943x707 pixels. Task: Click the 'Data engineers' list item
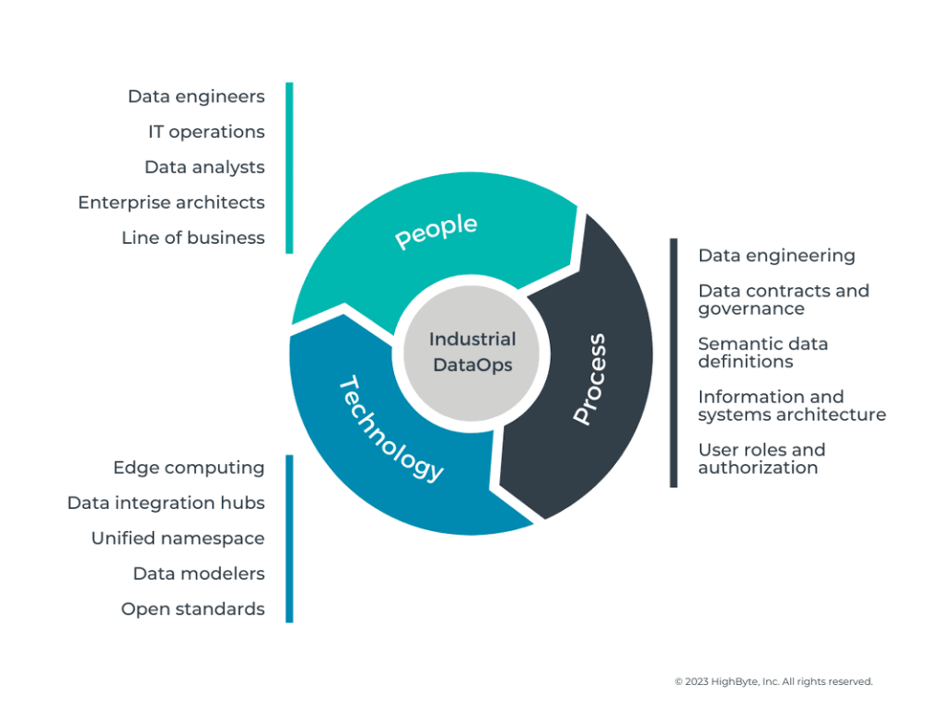(x=196, y=97)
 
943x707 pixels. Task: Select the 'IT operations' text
(x=206, y=132)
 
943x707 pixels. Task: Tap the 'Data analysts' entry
(x=204, y=167)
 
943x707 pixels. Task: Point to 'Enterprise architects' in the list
(x=171, y=202)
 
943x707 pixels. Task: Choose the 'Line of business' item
(x=192, y=238)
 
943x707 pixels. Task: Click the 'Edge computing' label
(x=189, y=468)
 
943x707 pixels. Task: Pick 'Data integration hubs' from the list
(x=166, y=503)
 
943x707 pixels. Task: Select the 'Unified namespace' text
(x=178, y=539)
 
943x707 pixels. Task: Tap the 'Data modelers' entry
(x=199, y=574)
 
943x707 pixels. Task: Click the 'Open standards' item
(x=192, y=608)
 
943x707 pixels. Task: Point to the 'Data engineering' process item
(x=776, y=256)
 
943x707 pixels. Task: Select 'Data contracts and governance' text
(x=783, y=299)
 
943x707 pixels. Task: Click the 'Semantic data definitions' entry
(x=763, y=353)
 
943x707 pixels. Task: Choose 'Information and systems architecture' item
(x=791, y=405)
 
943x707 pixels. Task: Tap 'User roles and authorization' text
(x=761, y=458)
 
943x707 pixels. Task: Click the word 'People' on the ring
(x=437, y=231)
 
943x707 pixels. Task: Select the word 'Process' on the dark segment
(x=588, y=379)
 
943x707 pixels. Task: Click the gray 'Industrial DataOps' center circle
(x=472, y=353)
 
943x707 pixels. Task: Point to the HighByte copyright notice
(x=773, y=682)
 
